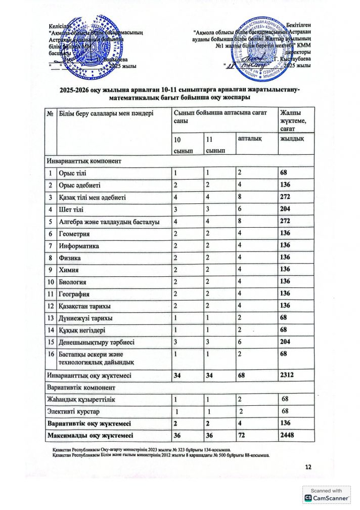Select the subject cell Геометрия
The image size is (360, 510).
75,234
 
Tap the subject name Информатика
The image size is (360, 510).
79,246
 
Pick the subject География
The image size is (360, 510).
75,294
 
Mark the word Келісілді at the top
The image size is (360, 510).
61,26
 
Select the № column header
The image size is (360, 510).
51,113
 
